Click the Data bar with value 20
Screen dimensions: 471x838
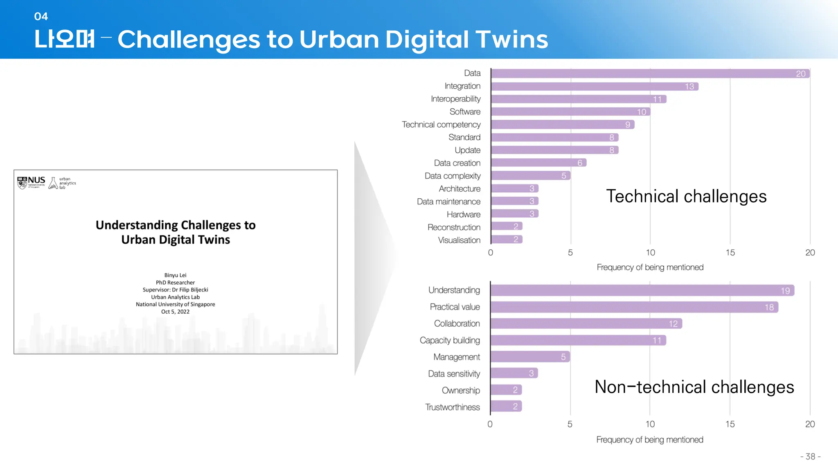(x=650, y=74)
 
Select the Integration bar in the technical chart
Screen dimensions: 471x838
(x=594, y=86)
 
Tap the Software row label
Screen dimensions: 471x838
(x=465, y=112)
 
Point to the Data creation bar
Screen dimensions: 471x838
(x=538, y=163)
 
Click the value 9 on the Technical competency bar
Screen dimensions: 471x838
(x=628, y=125)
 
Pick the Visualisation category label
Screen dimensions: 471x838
(x=459, y=240)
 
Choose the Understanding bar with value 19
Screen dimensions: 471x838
(x=642, y=290)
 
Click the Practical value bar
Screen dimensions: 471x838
(x=634, y=307)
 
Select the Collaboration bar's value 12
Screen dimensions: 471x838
(x=673, y=324)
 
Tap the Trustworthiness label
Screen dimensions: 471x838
(x=453, y=407)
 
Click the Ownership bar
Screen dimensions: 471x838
(x=506, y=390)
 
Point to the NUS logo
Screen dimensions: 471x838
(x=32, y=182)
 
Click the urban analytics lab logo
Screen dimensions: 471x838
(x=62, y=183)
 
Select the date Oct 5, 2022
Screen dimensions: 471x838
(x=175, y=312)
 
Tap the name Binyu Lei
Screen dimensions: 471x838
(x=175, y=275)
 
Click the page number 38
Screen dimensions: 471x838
(x=810, y=456)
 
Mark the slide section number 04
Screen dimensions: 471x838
(x=41, y=16)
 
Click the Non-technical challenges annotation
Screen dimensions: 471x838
(x=694, y=387)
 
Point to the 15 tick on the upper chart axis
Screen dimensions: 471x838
(x=730, y=253)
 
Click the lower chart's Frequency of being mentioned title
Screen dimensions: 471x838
(x=650, y=440)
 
